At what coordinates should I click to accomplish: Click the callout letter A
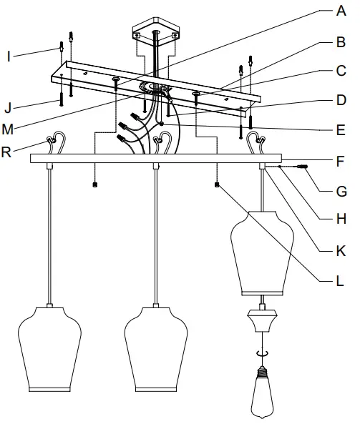coord(342,11)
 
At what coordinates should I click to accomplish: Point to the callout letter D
coord(341,101)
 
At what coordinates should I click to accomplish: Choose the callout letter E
coord(341,131)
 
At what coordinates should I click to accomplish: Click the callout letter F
coord(341,161)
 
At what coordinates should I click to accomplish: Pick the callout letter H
coord(341,220)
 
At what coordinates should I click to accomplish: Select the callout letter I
coord(9,55)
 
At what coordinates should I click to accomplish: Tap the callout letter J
coord(9,109)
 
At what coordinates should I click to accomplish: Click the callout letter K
coord(341,250)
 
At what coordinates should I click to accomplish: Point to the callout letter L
coord(341,280)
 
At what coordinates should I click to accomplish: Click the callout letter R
coord(9,151)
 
